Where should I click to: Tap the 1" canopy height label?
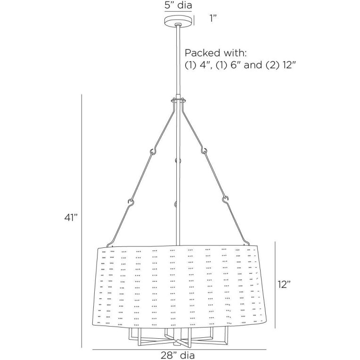point(213,19)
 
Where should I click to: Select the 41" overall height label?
point(71,218)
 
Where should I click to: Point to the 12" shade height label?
point(284,284)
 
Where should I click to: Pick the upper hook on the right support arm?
point(205,151)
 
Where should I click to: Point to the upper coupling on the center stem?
point(178,161)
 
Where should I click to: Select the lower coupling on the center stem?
point(176,205)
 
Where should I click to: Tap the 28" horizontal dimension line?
point(180,349)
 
